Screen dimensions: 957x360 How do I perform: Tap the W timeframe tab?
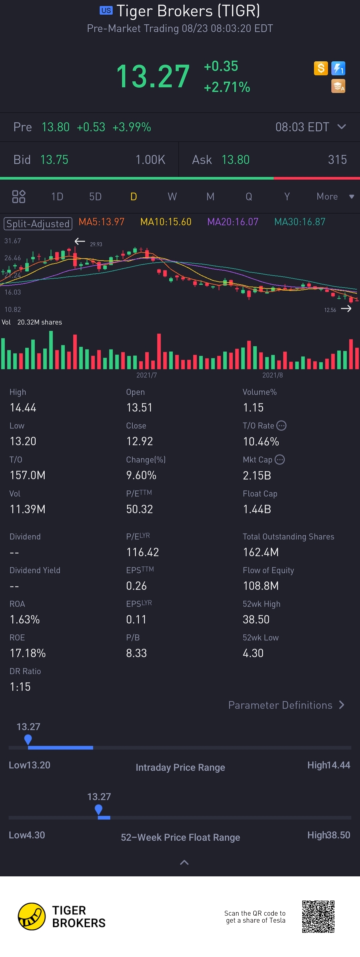pos(172,197)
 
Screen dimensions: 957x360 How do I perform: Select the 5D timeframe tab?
pos(95,197)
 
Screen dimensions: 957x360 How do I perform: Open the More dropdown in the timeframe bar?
pos(335,197)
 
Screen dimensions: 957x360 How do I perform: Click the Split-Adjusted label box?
pos(38,224)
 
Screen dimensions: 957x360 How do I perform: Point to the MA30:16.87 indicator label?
pos(299,222)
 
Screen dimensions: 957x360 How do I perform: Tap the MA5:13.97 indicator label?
pos(101,222)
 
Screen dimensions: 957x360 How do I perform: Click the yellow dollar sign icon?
pos(321,68)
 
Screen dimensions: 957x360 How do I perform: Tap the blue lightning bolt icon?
pos(338,68)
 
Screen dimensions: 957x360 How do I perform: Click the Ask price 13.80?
pos(236,160)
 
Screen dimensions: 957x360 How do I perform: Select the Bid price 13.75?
pos(54,160)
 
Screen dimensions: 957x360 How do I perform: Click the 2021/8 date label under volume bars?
pos(272,375)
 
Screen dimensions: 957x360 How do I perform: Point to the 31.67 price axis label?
pos(13,241)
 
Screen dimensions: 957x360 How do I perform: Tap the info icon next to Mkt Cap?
pos(280,460)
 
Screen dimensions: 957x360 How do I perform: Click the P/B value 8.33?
pos(136,653)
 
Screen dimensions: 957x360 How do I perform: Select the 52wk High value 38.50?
pos(256,619)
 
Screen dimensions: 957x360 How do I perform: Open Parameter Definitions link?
pos(286,705)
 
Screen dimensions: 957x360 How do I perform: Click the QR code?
pos(318,916)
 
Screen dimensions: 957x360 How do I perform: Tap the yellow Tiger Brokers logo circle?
pos(32,916)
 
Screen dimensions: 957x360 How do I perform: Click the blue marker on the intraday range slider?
pos(28,740)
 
